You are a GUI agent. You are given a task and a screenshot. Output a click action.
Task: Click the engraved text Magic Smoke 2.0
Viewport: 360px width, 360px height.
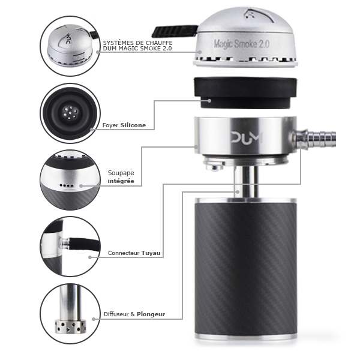(x=242, y=44)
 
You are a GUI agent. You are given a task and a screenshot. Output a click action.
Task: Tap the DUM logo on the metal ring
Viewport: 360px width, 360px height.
(x=247, y=137)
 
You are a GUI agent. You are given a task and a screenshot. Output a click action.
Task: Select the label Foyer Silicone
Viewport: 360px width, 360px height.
(x=124, y=125)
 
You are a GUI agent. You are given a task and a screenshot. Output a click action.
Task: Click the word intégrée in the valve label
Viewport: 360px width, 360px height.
(x=121, y=181)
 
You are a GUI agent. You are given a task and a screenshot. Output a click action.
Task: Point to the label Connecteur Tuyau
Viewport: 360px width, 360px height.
(x=134, y=253)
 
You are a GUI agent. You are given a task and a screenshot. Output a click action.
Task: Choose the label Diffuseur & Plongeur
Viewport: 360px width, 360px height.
(x=134, y=314)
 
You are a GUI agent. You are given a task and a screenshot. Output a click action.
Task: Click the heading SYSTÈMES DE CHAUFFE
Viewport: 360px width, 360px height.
(x=138, y=43)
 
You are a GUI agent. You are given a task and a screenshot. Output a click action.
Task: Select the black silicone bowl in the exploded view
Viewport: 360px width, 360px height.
(x=245, y=93)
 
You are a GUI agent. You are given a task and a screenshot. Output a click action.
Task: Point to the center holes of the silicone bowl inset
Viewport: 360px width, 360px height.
(x=70, y=113)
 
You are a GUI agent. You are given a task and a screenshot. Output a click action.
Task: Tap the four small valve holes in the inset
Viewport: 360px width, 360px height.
(x=67, y=185)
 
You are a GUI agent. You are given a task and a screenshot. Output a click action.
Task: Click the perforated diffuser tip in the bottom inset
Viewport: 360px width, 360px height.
(x=70, y=326)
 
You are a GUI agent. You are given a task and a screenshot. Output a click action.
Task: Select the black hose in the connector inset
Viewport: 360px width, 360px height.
(x=85, y=244)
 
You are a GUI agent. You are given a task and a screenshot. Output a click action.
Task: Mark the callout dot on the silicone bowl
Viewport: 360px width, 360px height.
(x=209, y=101)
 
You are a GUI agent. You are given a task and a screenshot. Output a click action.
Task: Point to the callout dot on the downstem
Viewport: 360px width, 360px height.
(x=238, y=192)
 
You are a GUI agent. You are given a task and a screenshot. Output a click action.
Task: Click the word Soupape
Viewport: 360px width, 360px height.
(x=121, y=173)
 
